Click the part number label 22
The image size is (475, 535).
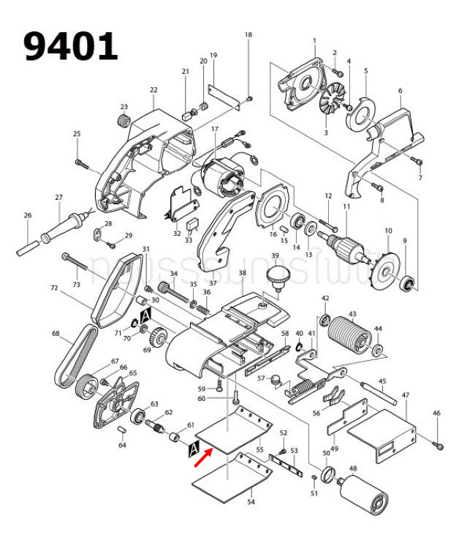pyautogui.click(x=153, y=90)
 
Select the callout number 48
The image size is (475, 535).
pyautogui.click(x=353, y=468)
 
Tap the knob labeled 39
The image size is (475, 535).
pyautogui.click(x=276, y=277)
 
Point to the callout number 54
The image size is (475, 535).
pyautogui.click(x=250, y=502)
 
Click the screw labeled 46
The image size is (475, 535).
pyautogui.click(x=438, y=444)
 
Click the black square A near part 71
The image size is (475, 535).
pyautogui.click(x=145, y=315)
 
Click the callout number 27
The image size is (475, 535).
pyautogui.click(x=59, y=198)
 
